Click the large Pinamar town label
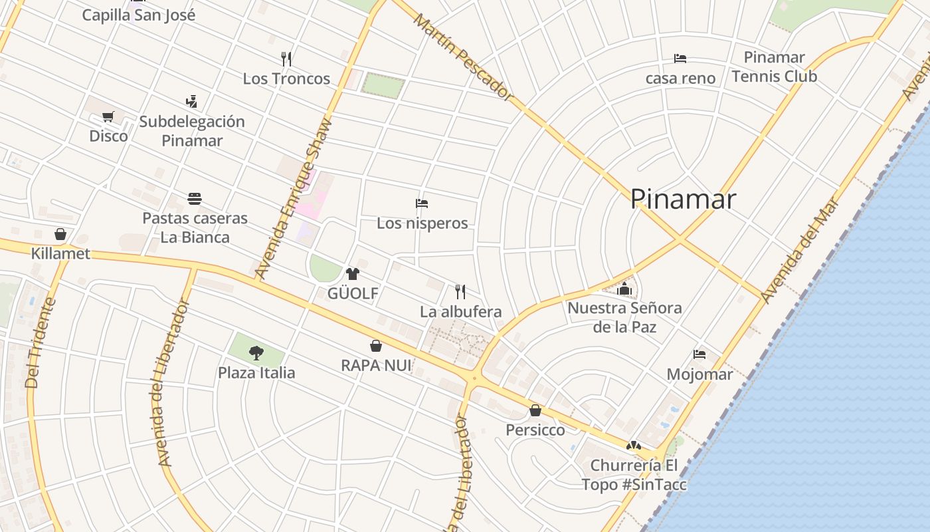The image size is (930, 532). click(683, 199)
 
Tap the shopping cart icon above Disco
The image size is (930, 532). click(108, 117)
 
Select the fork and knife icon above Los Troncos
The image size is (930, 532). click(286, 59)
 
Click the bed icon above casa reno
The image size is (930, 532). click(680, 59)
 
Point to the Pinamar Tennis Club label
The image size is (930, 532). click(774, 66)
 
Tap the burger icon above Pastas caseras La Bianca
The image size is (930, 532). click(195, 199)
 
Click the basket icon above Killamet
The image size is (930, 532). click(60, 234)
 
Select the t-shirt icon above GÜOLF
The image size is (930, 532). click(352, 273)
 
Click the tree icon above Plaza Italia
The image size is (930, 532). click(256, 352)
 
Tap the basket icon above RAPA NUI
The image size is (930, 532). click(376, 346)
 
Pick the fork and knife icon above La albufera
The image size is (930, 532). click(460, 291)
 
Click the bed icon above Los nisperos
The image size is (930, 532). click(422, 203)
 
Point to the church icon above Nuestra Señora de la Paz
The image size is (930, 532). click(624, 289)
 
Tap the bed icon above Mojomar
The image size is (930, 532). click(699, 354)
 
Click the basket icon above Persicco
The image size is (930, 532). click(535, 410)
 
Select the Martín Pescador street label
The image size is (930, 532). click(464, 57)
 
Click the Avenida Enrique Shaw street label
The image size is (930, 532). click(292, 199)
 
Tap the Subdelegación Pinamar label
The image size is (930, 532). click(192, 131)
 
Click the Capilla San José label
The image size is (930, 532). click(139, 15)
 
